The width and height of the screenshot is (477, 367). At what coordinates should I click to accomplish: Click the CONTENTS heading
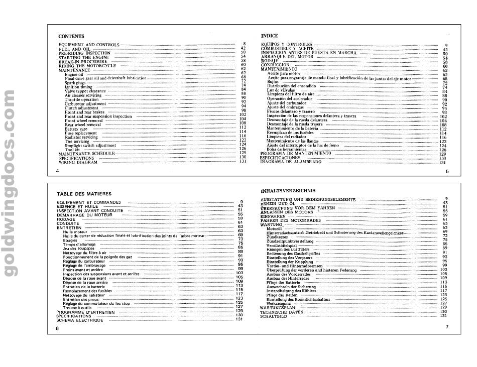pos(71,37)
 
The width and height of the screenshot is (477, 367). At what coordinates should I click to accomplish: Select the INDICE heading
pos(271,36)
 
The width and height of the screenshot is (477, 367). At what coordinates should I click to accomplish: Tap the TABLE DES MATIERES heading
pos(83,194)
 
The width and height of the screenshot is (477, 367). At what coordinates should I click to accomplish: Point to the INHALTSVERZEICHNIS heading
pos(288,191)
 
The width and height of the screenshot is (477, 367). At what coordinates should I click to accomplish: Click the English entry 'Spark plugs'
pos(75,82)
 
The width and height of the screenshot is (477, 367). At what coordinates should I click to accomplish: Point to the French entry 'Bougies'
pos(70,240)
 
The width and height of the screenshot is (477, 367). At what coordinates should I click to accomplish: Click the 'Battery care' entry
pos(76,129)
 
